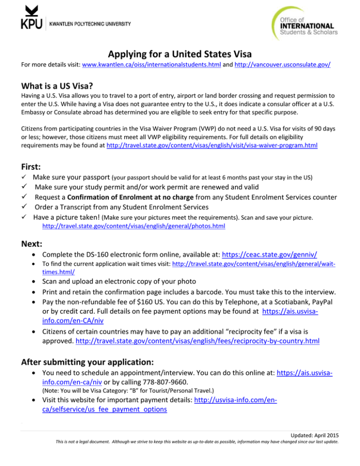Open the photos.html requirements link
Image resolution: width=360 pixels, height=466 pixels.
134,226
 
